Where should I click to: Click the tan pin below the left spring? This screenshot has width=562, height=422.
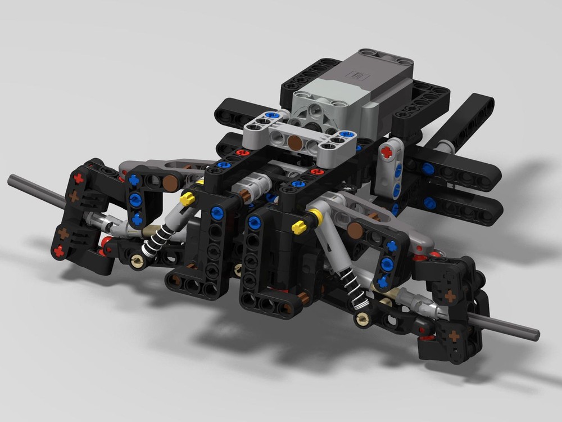[135, 259]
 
